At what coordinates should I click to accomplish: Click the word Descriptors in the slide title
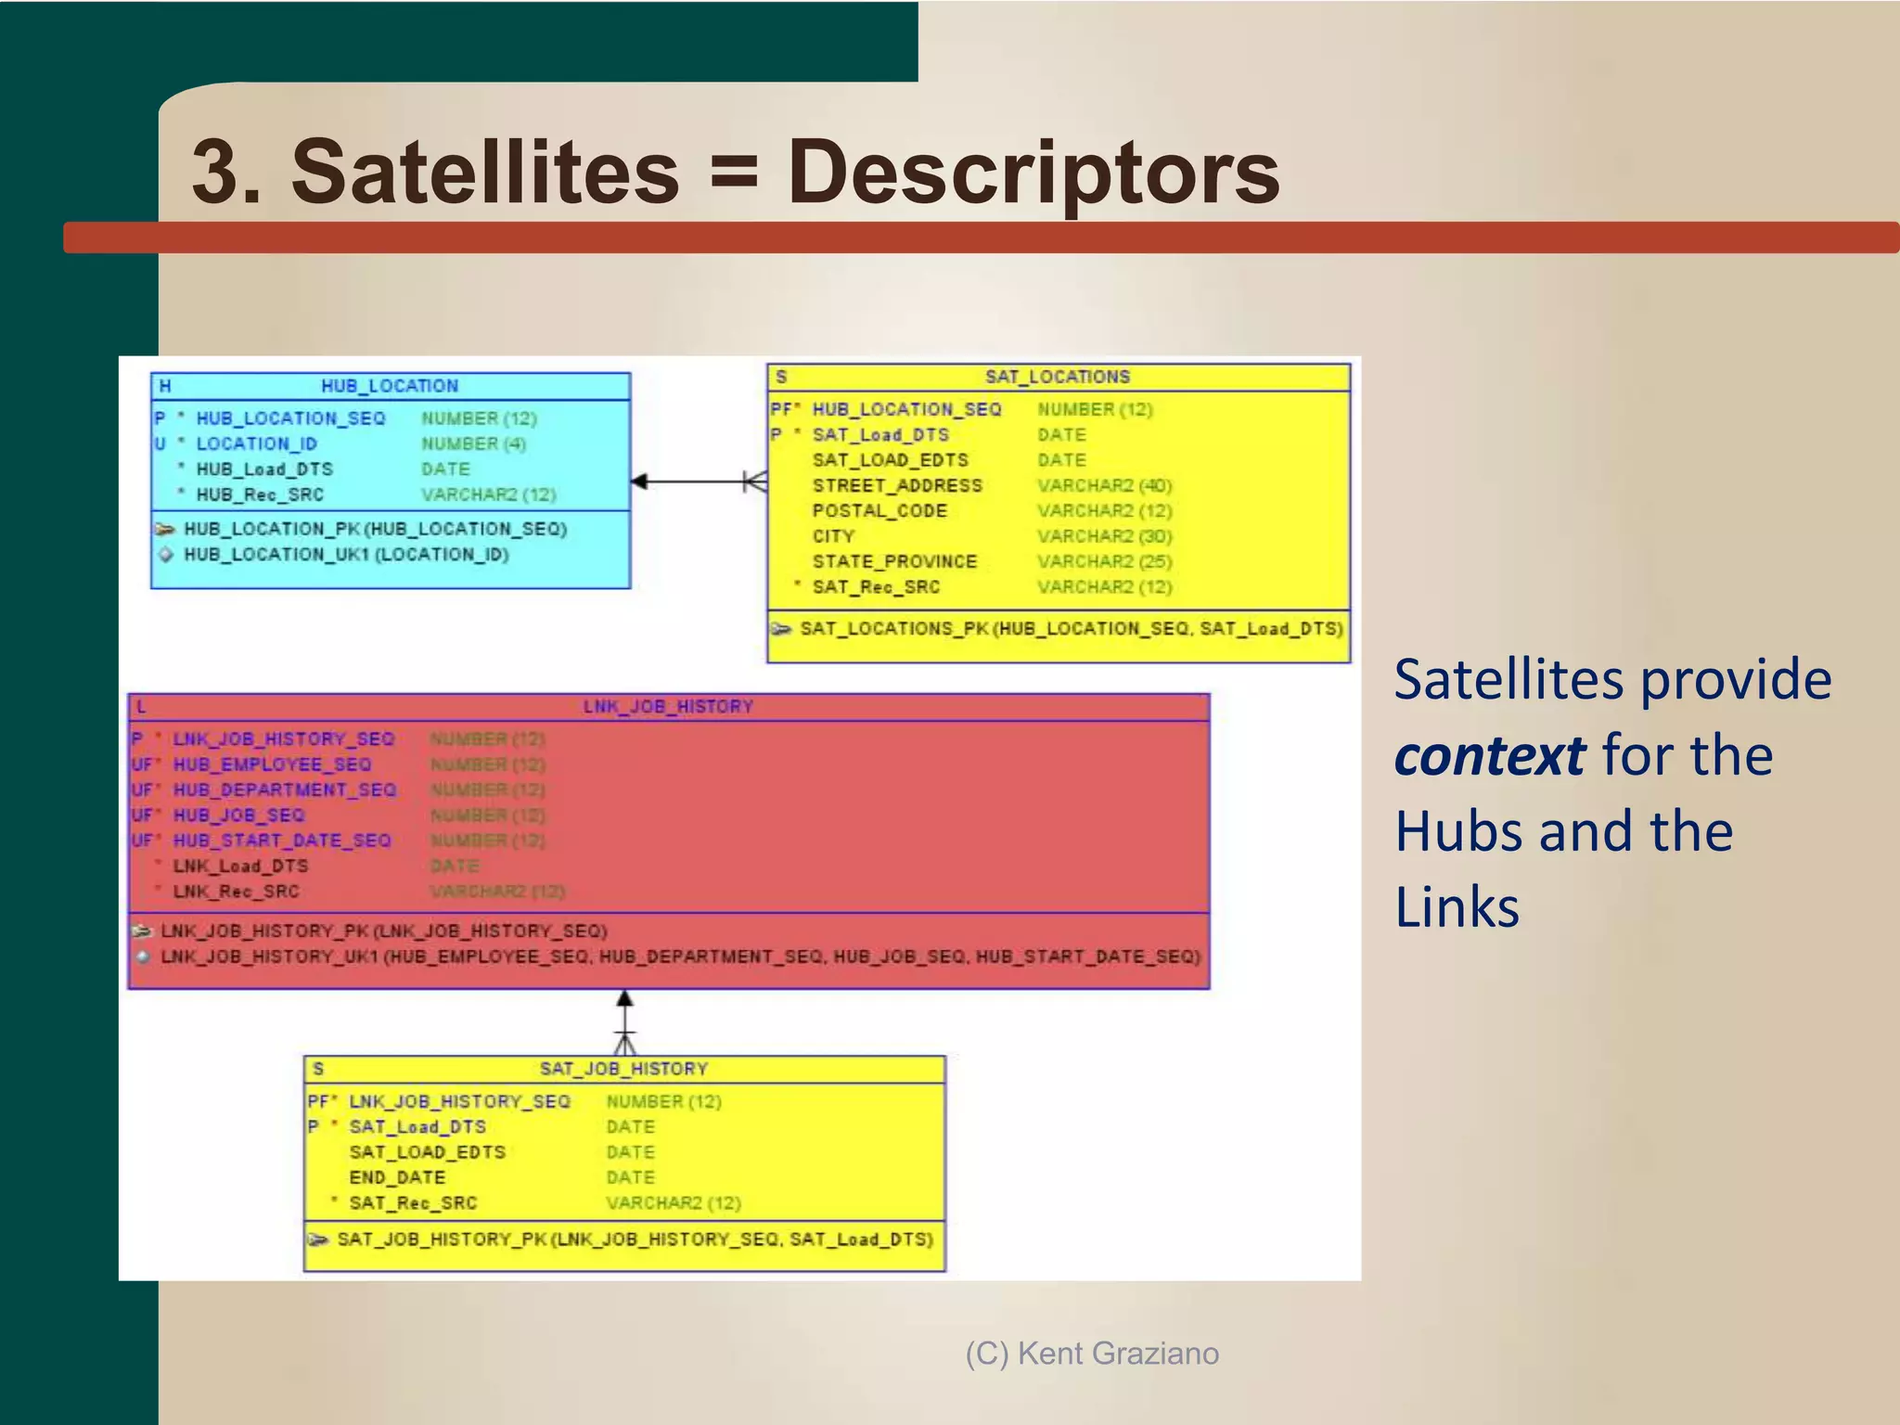(x=1033, y=173)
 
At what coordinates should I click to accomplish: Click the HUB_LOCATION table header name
(x=390, y=386)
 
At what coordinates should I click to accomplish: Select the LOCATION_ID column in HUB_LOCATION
(x=256, y=444)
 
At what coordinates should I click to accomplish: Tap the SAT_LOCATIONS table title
(x=1058, y=377)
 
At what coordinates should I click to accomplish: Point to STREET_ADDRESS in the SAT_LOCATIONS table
(x=896, y=486)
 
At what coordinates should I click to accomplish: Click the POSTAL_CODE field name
(x=879, y=511)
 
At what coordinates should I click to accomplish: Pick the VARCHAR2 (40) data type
(x=1104, y=486)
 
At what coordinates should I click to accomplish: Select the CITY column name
(x=833, y=536)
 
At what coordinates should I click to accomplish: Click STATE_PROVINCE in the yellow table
(x=894, y=562)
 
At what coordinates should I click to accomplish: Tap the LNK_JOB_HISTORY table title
(x=668, y=707)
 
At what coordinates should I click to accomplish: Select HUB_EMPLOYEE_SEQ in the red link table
(x=272, y=764)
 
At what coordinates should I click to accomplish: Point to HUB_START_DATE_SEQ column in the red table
(x=282, y=841)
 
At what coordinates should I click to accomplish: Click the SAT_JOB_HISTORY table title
(x=623, y=1069)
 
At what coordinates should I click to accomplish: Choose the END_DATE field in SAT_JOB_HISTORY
(x=397, y=1177)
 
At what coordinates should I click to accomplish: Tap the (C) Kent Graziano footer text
(x=1092, y=1354)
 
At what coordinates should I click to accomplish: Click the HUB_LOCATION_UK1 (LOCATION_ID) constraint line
(x=345, y=555)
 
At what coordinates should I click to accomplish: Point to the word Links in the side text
(x=1457, y=907)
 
